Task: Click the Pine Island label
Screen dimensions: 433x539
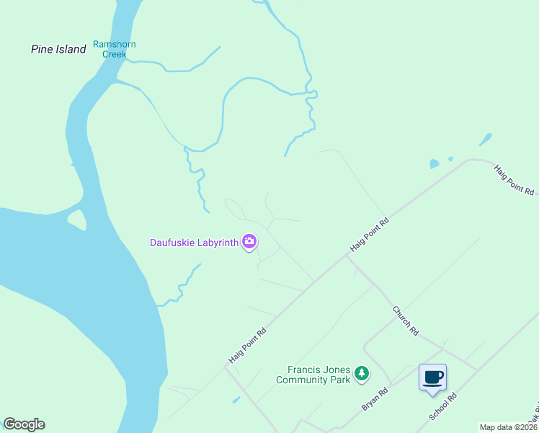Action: [58, 49]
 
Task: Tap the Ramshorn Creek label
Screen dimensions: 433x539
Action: [114, 49]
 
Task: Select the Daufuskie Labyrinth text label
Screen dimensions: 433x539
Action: [194, 242]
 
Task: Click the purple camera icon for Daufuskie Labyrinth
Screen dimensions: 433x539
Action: [249, 242]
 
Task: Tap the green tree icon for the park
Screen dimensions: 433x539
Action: [362, 374]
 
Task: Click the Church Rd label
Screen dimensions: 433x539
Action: [405, 320]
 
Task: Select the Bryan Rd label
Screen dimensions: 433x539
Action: [375, 400]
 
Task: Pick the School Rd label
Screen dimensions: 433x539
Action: [443, 407]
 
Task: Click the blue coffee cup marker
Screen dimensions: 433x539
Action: [432, 377]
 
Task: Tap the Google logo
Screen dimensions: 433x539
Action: [24, 424]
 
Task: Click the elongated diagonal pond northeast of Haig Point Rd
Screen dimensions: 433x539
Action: [486, 139]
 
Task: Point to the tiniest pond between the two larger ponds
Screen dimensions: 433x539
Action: [450, 159]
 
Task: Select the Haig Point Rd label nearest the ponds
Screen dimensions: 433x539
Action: [514, 180]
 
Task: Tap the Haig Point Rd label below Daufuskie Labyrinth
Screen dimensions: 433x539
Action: [248, 346]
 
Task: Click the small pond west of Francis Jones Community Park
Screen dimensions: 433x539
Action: [236, 399]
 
